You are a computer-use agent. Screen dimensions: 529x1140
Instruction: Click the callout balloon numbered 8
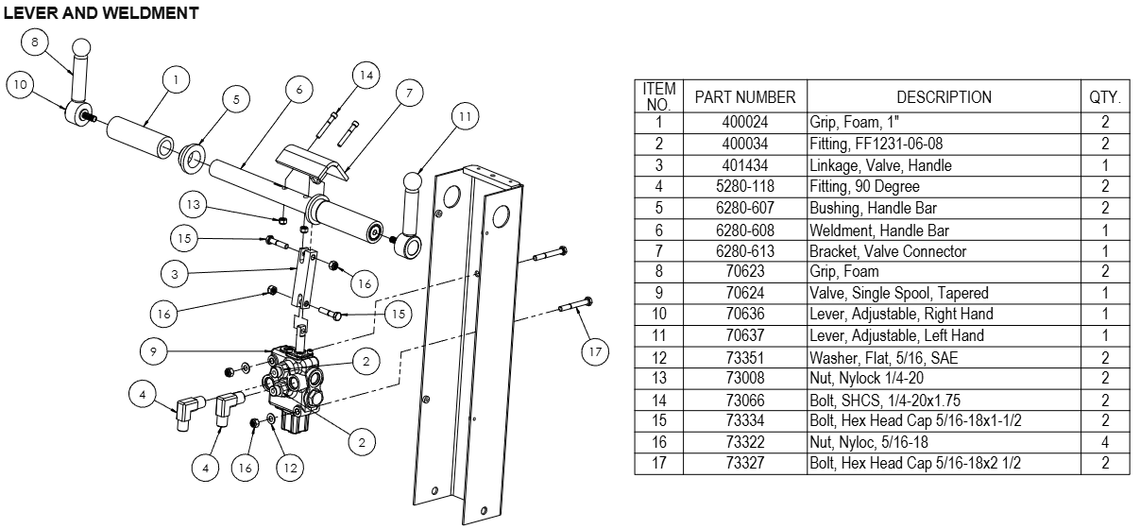(35, 43)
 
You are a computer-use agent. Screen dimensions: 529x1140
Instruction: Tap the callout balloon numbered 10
(21, 84)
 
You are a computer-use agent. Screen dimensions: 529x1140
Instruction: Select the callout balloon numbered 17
(594, 352)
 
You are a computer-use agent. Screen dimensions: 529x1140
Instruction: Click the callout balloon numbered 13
(194, 204)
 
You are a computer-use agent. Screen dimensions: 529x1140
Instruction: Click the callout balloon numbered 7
(409, 93)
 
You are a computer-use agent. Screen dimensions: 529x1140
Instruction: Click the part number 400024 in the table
(745, 122)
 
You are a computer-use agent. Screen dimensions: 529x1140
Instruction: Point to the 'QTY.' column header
(1104, 96)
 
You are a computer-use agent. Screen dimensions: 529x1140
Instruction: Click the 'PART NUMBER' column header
(745, 96)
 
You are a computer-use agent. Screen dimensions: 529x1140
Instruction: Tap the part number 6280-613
(745, 251)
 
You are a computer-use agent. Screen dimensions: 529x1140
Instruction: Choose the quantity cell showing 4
(1104, 441)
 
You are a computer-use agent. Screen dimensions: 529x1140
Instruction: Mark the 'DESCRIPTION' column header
(944, 96)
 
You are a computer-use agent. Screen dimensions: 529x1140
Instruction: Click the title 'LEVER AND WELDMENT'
(101, 12)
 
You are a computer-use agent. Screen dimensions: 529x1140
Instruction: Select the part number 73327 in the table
(745, 463)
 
